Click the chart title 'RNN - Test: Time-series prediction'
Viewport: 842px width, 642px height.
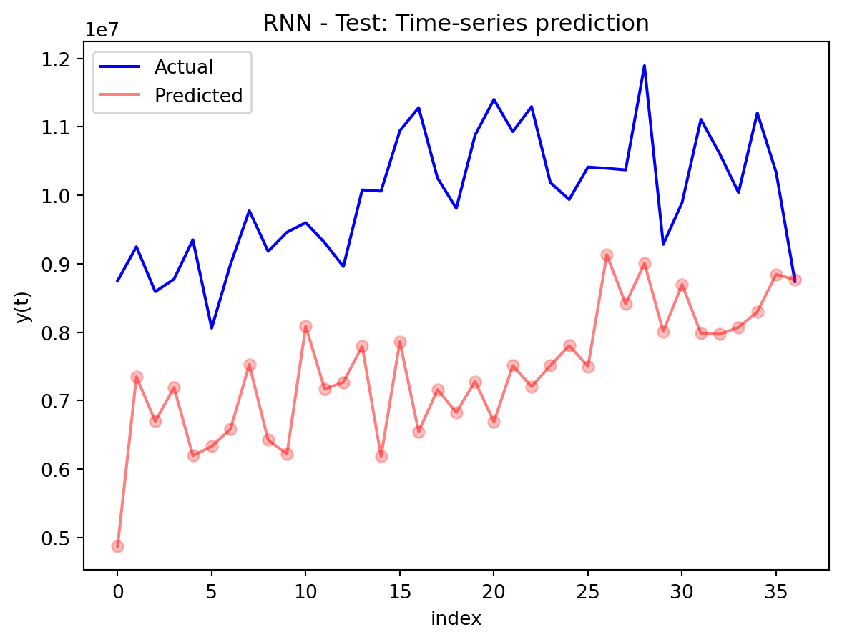(x=456, y=24)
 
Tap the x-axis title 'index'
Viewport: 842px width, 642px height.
(x=456, y=618)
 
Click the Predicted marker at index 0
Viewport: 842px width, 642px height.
(x=117, y=546)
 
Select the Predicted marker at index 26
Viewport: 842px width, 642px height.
(x=607, y=255)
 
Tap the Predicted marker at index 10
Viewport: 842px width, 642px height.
(x=305, y=326)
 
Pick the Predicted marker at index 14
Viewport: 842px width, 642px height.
(x=381, y=456)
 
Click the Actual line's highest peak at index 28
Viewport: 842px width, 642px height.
(x=645, y=66)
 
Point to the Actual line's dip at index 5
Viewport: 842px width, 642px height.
(x=212, y=328)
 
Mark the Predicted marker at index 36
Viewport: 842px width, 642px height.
(x=795, y=280)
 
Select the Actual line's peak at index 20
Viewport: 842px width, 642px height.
(x=494, y=99)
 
